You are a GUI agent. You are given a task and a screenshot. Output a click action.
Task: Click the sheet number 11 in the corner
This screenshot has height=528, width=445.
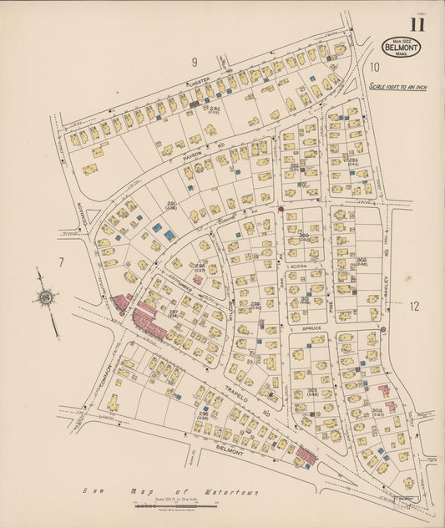[417, 23]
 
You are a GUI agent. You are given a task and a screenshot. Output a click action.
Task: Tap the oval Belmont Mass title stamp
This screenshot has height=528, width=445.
[402, 46]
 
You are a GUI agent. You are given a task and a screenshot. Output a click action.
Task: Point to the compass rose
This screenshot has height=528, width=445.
[47, 297]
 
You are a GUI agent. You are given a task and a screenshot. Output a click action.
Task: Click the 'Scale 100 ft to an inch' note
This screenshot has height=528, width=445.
[397, 86]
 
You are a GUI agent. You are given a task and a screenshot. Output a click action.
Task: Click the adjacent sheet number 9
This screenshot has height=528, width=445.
[194, 62]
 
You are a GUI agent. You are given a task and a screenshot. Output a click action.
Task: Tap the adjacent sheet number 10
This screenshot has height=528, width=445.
[375, 67]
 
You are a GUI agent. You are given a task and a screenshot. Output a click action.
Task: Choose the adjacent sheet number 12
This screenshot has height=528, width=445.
[414, 307]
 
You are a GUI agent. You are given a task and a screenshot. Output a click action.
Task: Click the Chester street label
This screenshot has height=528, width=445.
[200, 82]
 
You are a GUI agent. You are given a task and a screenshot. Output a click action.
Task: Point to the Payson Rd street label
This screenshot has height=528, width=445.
[194, 155]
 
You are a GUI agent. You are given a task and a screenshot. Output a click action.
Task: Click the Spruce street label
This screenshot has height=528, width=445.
[312, 328]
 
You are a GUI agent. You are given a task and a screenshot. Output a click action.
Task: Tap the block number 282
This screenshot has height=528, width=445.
[215, 109]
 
